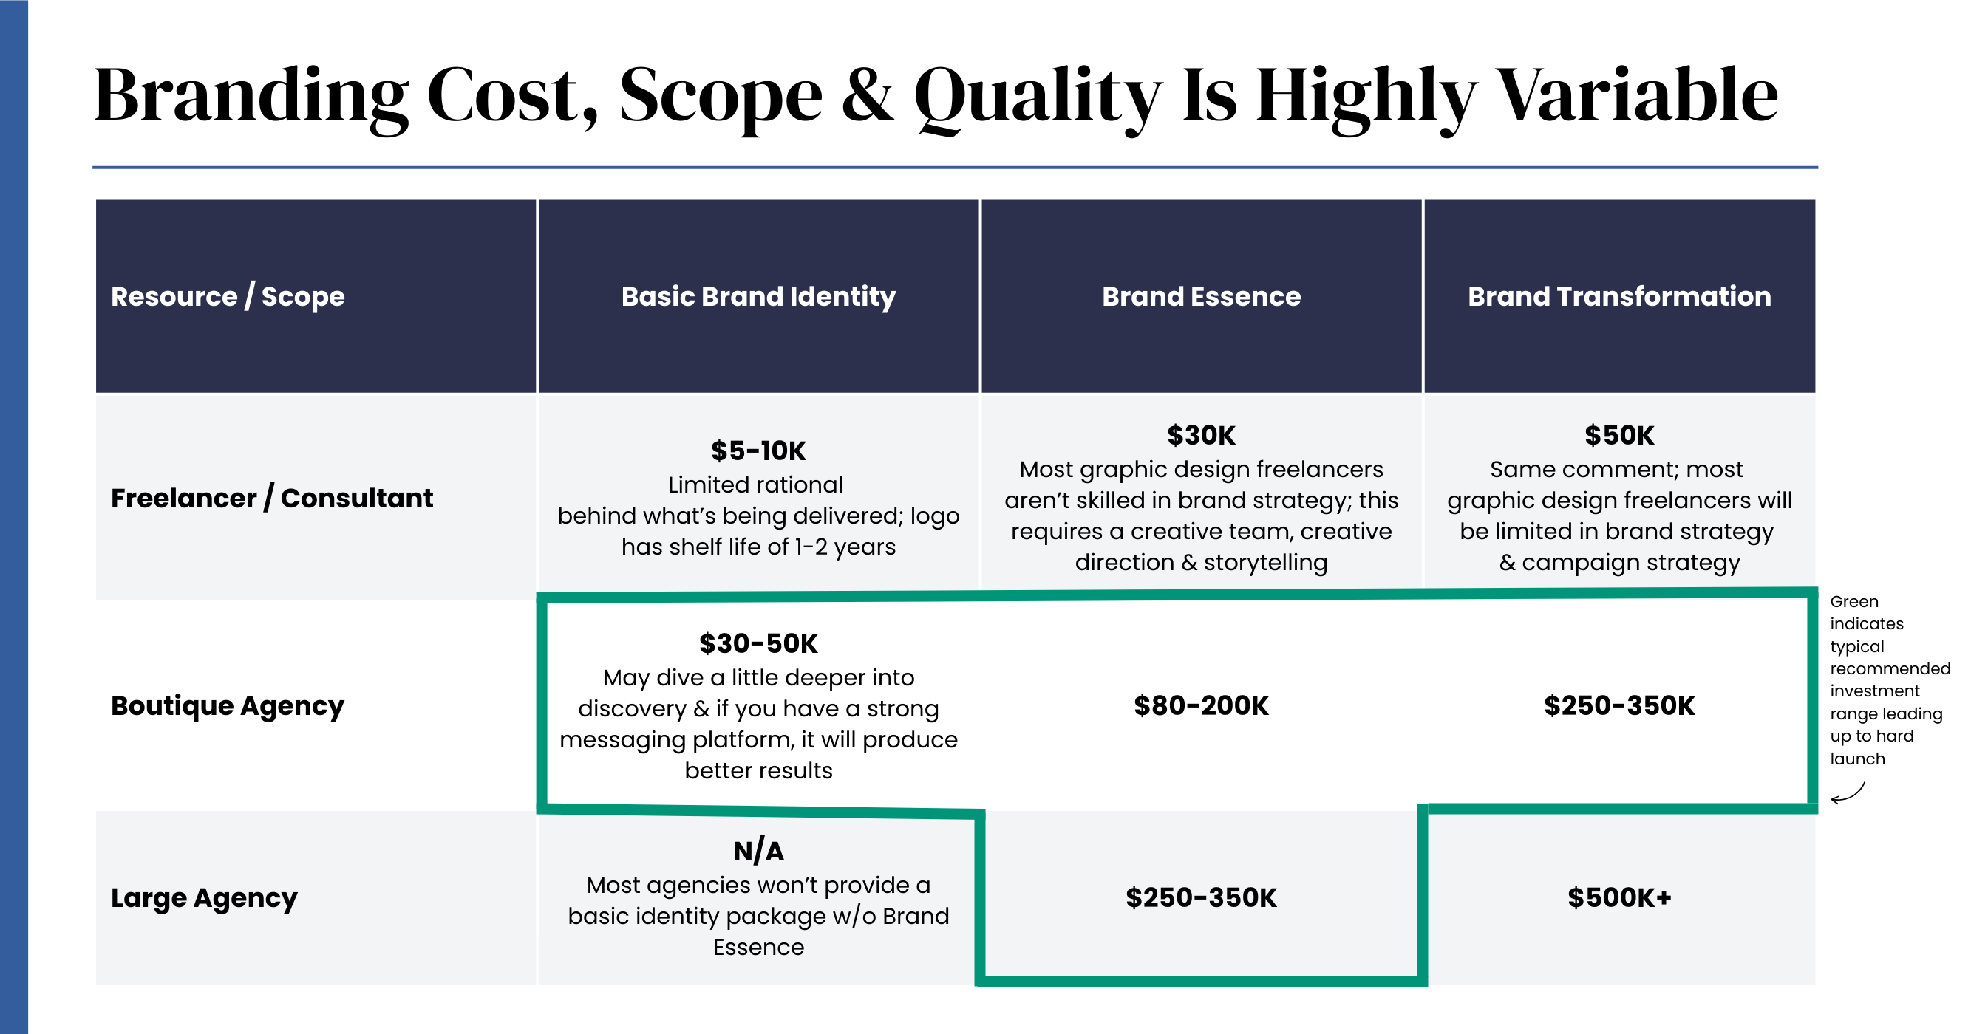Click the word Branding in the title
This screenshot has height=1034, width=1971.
coord(251,96)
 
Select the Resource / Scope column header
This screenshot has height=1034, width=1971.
coord(227,297)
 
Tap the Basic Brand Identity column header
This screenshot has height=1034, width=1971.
coord(758,297)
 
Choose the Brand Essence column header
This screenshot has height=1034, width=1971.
coord(1201,297)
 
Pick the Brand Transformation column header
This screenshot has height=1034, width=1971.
coord(1619,297)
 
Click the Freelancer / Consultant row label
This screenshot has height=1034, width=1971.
coord(272,498)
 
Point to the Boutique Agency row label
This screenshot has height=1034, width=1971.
coord(227,706)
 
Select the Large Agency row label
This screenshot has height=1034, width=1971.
coord(203,898)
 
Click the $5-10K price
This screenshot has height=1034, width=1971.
coord(758,451)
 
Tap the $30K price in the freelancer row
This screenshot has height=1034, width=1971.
coord(1201,435)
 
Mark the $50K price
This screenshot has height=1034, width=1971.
coord(1619,435)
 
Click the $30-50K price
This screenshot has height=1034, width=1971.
coord(758,644)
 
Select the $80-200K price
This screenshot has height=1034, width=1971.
coord(1201,706)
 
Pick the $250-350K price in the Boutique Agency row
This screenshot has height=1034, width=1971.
coord(1619,706)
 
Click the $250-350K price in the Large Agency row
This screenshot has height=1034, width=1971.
coord(1201,898)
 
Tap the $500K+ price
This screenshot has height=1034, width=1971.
coord(1619,898)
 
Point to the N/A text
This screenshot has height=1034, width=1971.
coord(758,852)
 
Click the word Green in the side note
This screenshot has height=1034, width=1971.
coord(1854,602)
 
